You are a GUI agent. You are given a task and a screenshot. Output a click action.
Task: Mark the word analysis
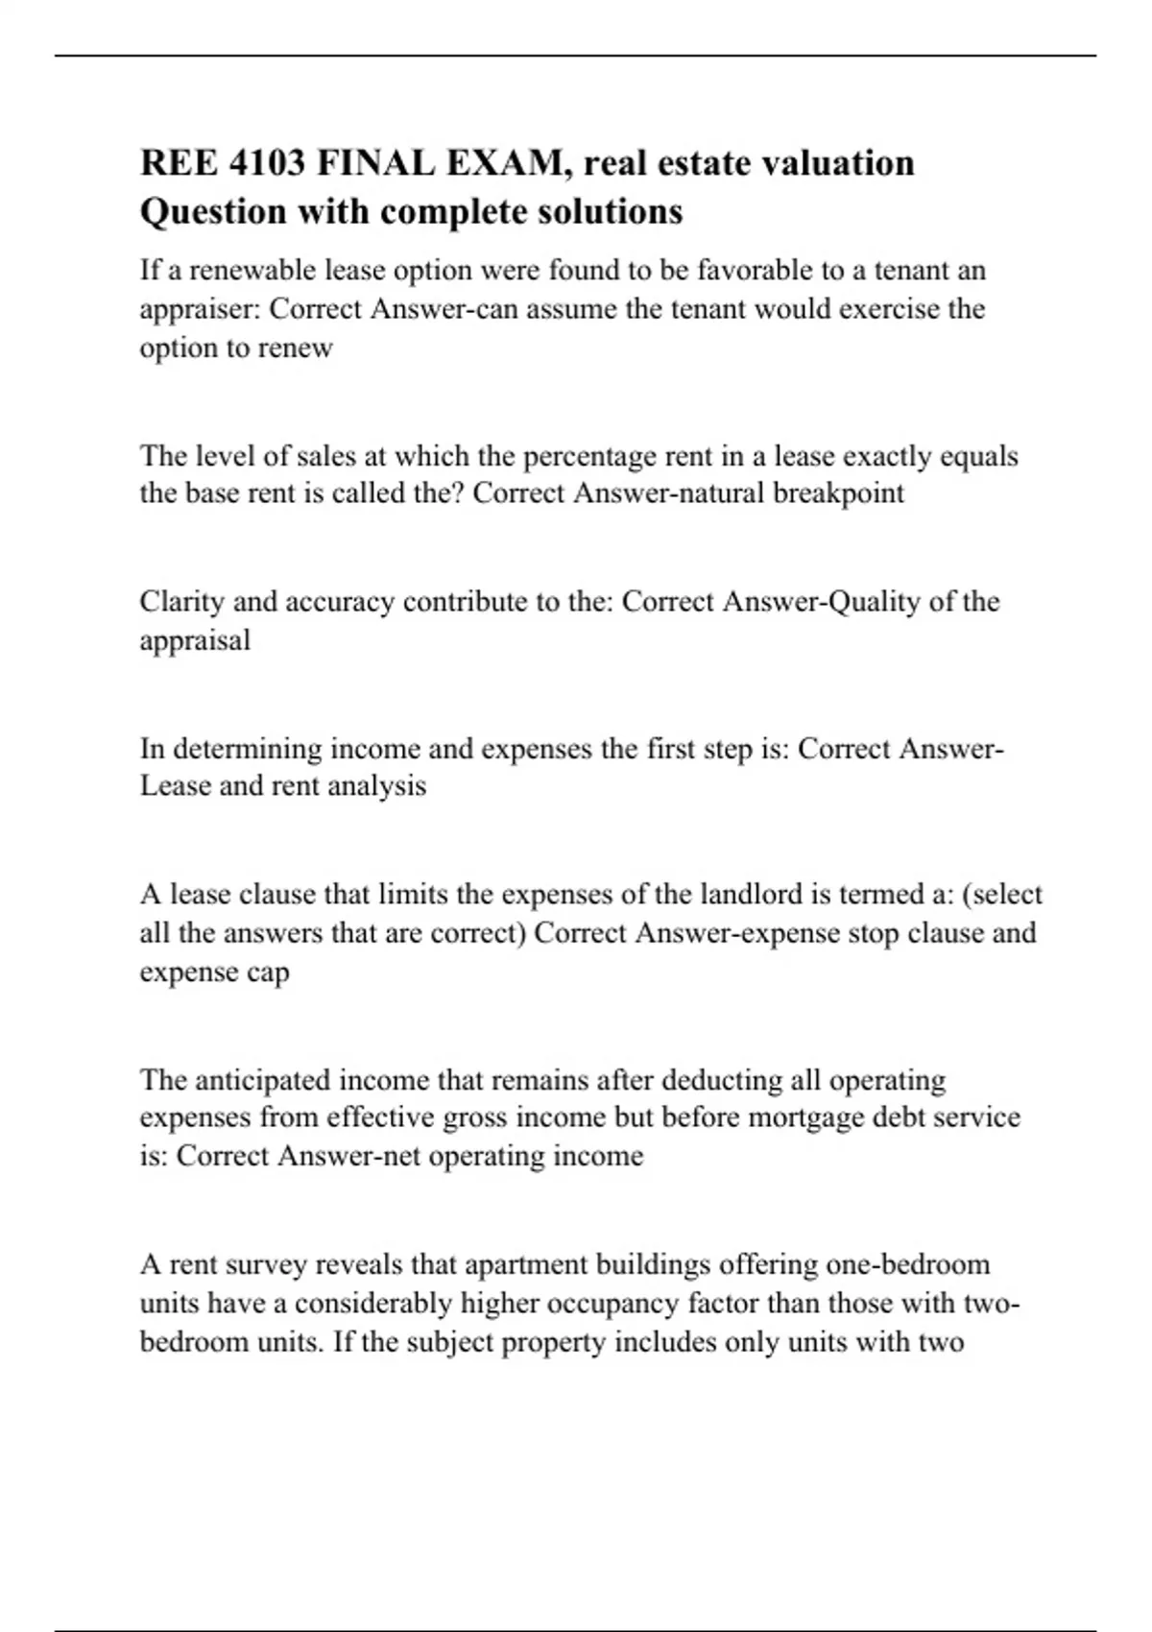(377, 786)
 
